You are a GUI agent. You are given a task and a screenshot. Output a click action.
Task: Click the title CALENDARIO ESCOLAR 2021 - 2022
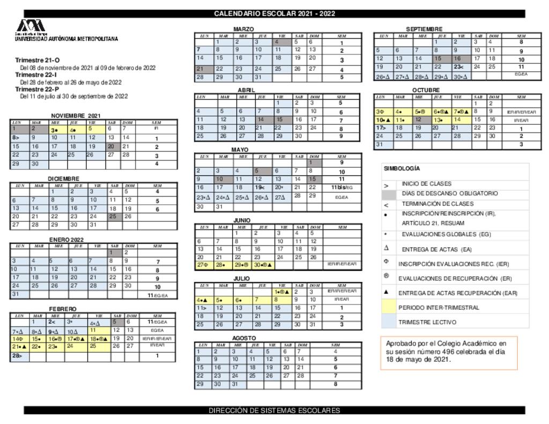click(274, 14)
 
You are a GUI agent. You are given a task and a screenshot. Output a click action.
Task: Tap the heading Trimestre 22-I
click(37, 75)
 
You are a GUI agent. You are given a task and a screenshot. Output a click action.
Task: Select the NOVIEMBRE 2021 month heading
click(76, 116)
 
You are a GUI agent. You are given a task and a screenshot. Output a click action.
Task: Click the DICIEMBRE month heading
click(63, 178)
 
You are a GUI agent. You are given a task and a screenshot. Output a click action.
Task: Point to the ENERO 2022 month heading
click(66, 239)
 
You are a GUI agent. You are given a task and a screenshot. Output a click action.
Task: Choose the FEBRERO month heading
click(63, 309)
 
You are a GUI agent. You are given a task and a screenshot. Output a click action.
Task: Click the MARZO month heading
click(243, 29)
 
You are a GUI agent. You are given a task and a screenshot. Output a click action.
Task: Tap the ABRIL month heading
click(246, 90)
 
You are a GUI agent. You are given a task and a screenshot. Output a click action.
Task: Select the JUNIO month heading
click(242, 220)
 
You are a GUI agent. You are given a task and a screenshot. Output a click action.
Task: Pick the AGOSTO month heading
click(243, 338)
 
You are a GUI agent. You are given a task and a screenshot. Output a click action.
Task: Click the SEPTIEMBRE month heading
click(424, 29)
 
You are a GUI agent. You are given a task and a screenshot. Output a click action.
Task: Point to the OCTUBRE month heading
click(426, 90)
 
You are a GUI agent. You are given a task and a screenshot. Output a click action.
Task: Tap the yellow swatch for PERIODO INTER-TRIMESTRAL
click(389, 308)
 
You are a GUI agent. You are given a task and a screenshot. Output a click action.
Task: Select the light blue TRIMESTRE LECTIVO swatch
click(389, 322)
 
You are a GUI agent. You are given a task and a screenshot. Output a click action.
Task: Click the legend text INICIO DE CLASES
click(426, 183)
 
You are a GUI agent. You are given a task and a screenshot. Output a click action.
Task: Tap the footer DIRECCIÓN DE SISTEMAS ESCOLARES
click(274, 411)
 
